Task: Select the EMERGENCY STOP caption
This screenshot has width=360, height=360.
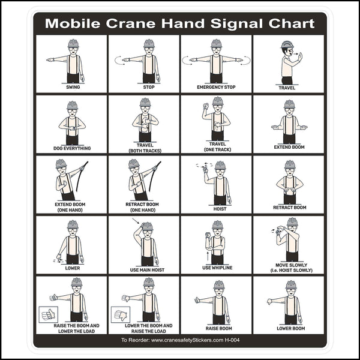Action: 217,87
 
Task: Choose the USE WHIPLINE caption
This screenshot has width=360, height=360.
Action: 217,267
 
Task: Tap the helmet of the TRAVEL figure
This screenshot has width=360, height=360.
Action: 287,46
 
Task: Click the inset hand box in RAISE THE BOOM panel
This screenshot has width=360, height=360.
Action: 47,314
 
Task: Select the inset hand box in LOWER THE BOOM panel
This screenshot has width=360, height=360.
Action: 121,314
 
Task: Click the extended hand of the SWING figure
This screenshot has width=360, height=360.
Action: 50,60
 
